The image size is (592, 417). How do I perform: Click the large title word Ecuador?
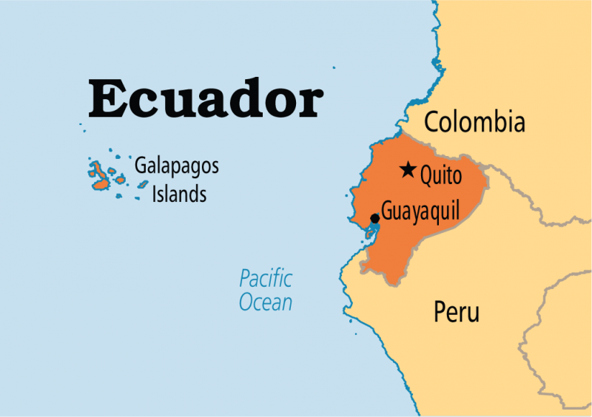206,99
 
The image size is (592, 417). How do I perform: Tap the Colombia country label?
474,122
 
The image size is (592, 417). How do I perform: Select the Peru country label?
456,312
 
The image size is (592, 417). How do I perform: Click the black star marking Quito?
408,170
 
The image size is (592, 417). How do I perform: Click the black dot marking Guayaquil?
375,218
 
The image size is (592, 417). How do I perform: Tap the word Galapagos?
176,166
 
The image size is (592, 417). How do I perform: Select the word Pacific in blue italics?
265,279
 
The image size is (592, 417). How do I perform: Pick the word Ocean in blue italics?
265,302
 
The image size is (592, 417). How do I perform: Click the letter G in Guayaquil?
388,211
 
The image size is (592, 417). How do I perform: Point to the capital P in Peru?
440,312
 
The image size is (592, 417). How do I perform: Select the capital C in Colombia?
431,122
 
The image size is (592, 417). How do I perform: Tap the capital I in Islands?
154,194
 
